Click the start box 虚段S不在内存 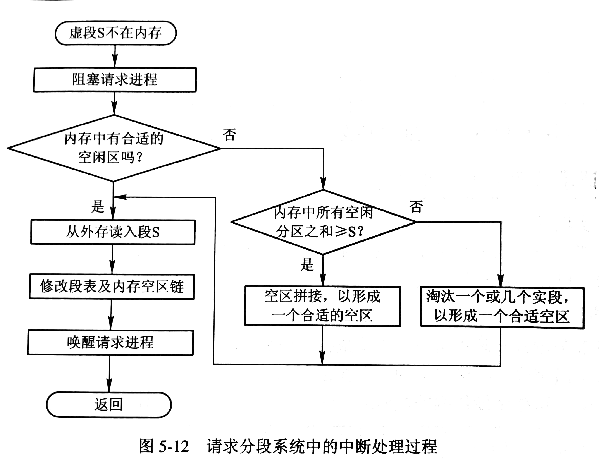coord(115,33)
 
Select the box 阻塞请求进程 coord(115,80)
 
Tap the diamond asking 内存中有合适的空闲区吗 coord(114,148)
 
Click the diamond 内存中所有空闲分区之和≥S coord(323,222)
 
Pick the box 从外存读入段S coord(113,232)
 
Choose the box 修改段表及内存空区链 coord(112,286)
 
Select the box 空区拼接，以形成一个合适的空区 coord(322,306)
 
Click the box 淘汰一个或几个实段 coord(502,307)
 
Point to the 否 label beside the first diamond coord(229,134)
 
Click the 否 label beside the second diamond coord(416,207)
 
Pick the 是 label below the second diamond coord(307,265)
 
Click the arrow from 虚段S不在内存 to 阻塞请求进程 coord(115,56)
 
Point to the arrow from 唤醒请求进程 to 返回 coord(110,374)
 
